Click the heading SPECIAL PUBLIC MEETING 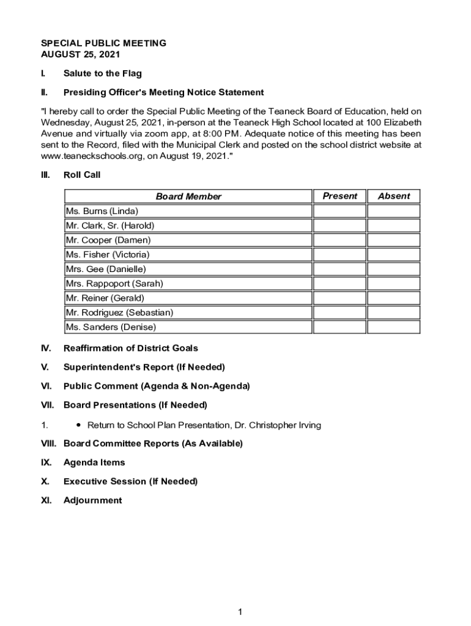coord(103,43)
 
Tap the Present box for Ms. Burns coord(339,212)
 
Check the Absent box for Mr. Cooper coord(393,240)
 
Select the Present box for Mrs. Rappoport coord(339,284)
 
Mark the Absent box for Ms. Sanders coord(393,327)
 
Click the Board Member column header coord(188,196)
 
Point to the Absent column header coord(393,196)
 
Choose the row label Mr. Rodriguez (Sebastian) coord(119,312)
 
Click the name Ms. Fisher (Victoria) coord(107,254)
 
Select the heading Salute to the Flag coord(102,73)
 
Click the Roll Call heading coord(82,175)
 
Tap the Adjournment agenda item coord(92,500)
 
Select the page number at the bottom coord(241,612)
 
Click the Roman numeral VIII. coord(49,443)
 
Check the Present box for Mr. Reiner coord(339,298)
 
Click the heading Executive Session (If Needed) coord(130,481)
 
